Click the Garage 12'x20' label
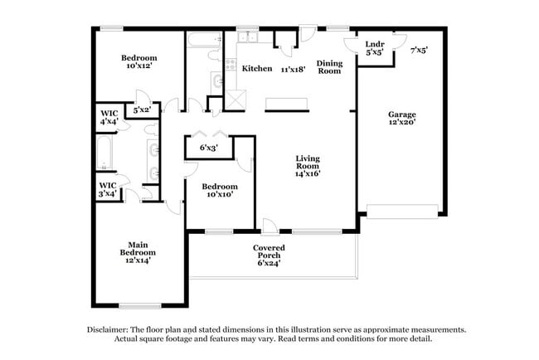(x=402, y=119)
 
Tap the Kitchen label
(x=257, y=69)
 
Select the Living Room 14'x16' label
(x=308, y=166)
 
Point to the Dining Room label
(x=330, y=67)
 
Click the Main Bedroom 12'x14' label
(x=138, y=251)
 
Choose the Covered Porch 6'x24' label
(x=269, y=255)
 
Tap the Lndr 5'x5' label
(x=375, y=48)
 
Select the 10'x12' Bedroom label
(x=139, y=62)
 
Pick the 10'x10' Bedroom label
(x=220, y=191)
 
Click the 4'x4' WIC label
(x=109, y=116)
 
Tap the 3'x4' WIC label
(x=108, y=190)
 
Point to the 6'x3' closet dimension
(x=210, y=148)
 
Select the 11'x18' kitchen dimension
(x=294, y=69)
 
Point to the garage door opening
(x=401, y=214)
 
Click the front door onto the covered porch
(x=269, y=226)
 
